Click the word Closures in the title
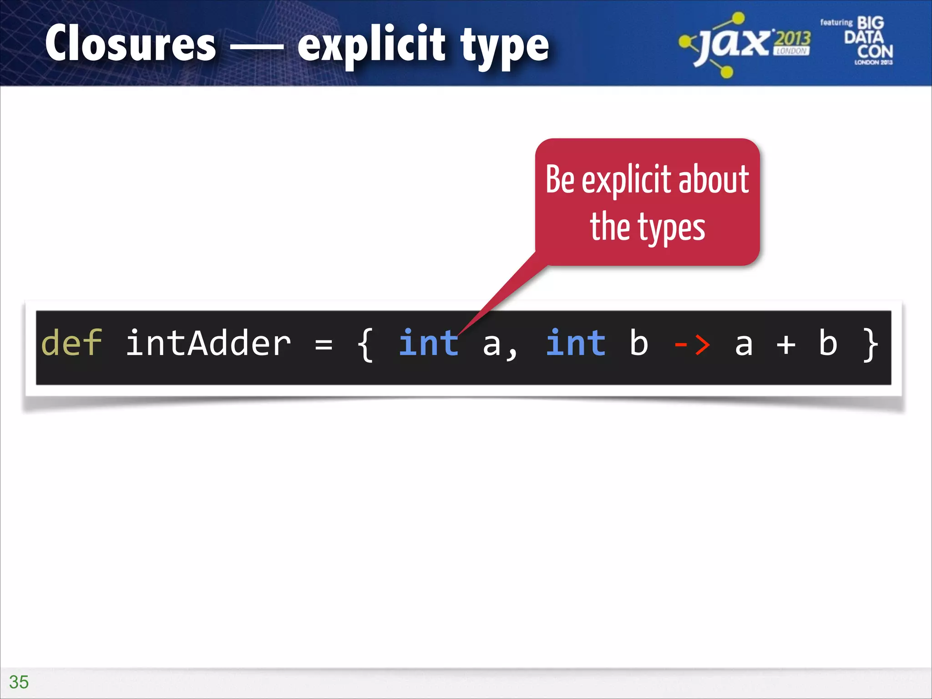tap(131, 44)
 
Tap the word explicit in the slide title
tap(371, 45)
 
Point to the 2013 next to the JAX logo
tap(793, 39)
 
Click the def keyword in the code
tap(71, 343)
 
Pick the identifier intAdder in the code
tap(208, 343)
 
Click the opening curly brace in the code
tap(365, 345)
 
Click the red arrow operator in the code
tap(692, 345)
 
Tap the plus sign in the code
tap(786, 344)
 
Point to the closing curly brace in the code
tap(871, 345)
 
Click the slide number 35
tap(19, 682)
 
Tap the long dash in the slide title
tap(257, 46)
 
